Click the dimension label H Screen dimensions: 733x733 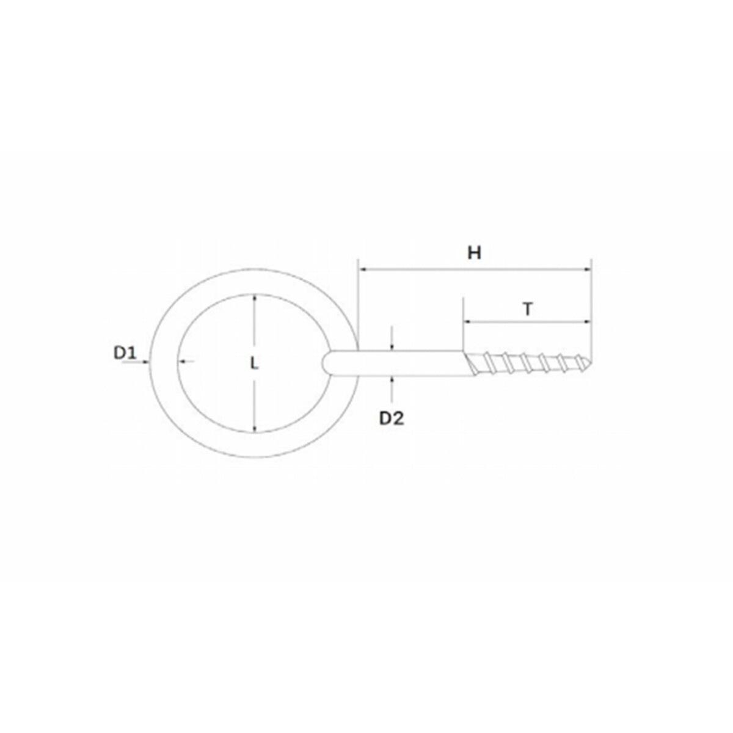(x=474, y=253)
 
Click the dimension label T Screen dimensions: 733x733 (x=527, y=309)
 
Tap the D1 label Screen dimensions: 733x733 (x=125, y=354)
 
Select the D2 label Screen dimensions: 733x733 (x=392, y=418)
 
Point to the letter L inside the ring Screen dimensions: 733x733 (x=254, y=363)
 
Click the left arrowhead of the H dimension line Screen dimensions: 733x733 (x=362, y=269)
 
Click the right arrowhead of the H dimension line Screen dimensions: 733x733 (x=588, y=269)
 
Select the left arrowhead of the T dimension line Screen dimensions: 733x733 (x=467, y=322)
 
